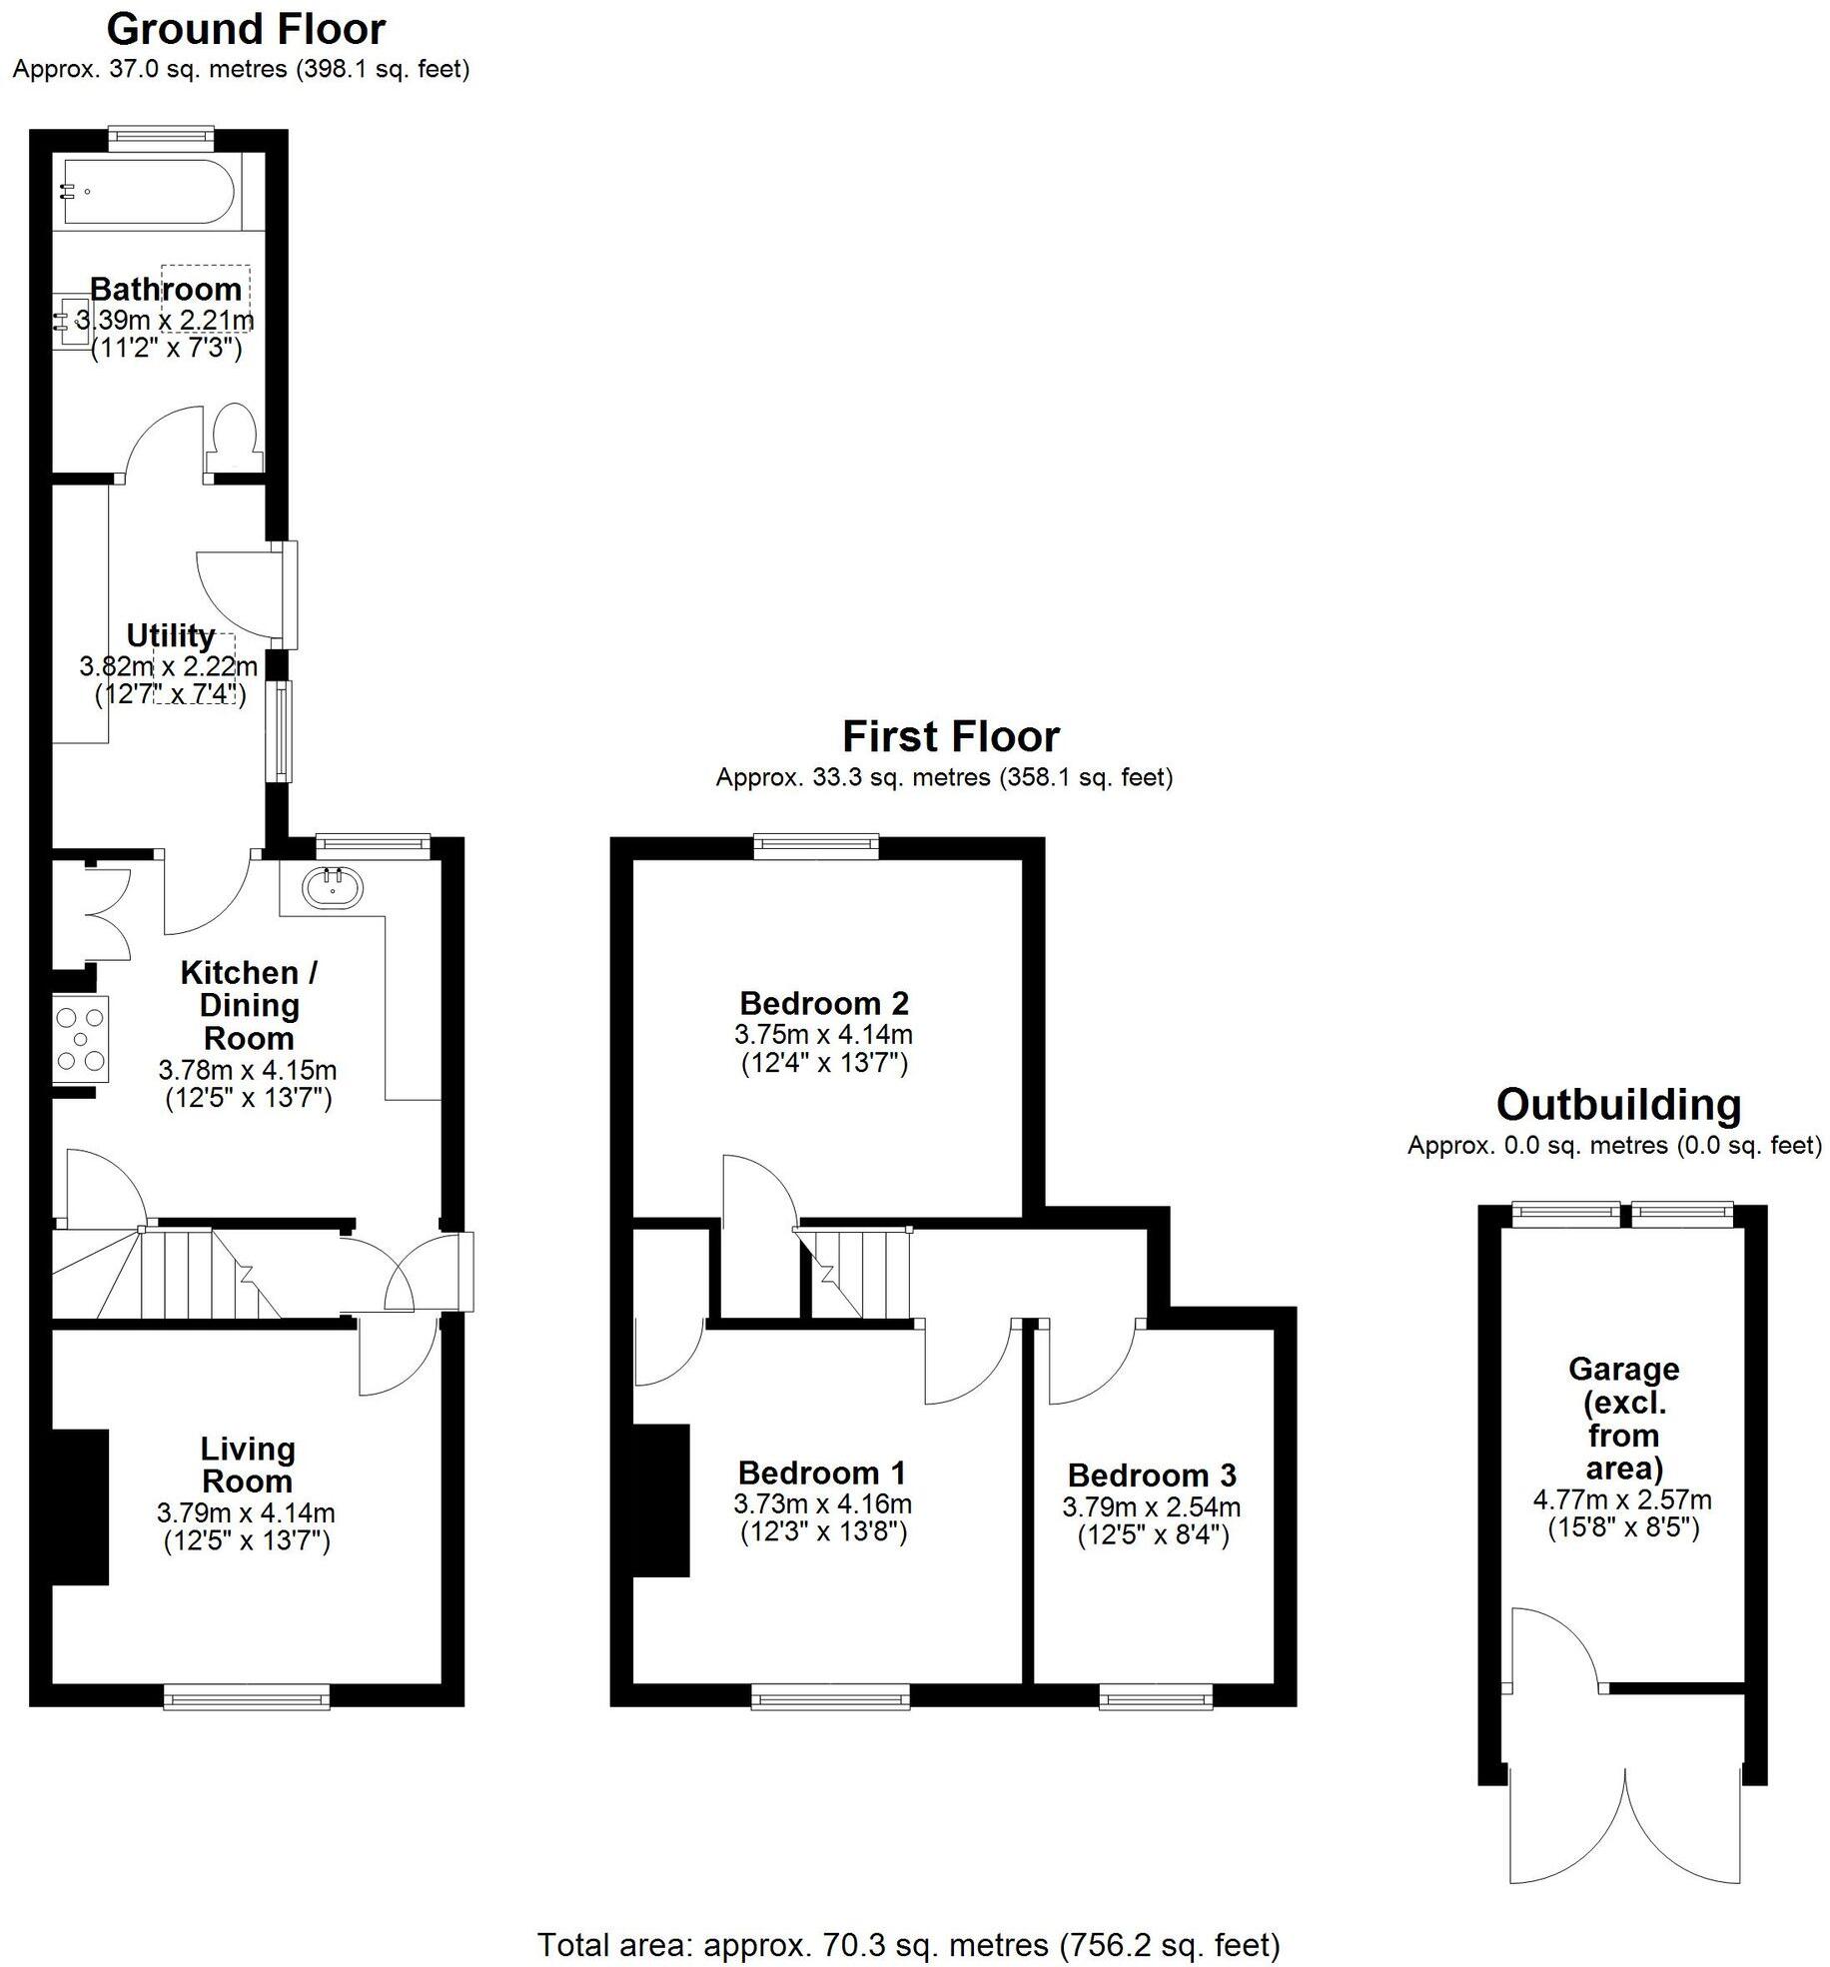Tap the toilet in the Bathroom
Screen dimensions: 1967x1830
pos(236,437)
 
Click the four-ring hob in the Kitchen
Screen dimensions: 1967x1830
pos(81,1039)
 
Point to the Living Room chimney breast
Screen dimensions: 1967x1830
pos(80,1506)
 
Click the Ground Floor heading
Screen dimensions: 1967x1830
pos(246,30)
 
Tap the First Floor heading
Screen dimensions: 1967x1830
pos(950,737)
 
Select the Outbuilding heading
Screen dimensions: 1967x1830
pos(1618,1105)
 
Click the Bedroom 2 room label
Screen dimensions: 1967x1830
pos(824,1003)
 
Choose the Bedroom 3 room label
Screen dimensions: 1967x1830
pos(1152,1475)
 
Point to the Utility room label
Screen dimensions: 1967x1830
pos(171,635)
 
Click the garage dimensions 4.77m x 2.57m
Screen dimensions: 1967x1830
pos(1622,1499)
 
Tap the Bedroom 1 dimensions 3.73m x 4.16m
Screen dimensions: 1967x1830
pos(822,1503)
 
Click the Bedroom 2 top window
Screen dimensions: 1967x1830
pos(816,848)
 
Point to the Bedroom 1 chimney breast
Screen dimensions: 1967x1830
pos(661,1500)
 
